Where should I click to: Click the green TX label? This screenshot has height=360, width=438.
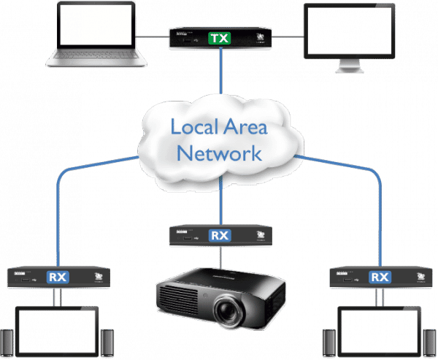point(218,37)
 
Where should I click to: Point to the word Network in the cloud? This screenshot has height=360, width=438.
point(219,153)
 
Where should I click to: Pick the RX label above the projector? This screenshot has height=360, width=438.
point(220,235)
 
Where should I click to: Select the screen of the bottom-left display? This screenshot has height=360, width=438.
point(57,334)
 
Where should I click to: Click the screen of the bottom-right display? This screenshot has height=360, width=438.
point(379,334)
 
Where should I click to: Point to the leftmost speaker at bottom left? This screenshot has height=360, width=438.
point(7,343)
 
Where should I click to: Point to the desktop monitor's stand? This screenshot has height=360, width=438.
point(350,68)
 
